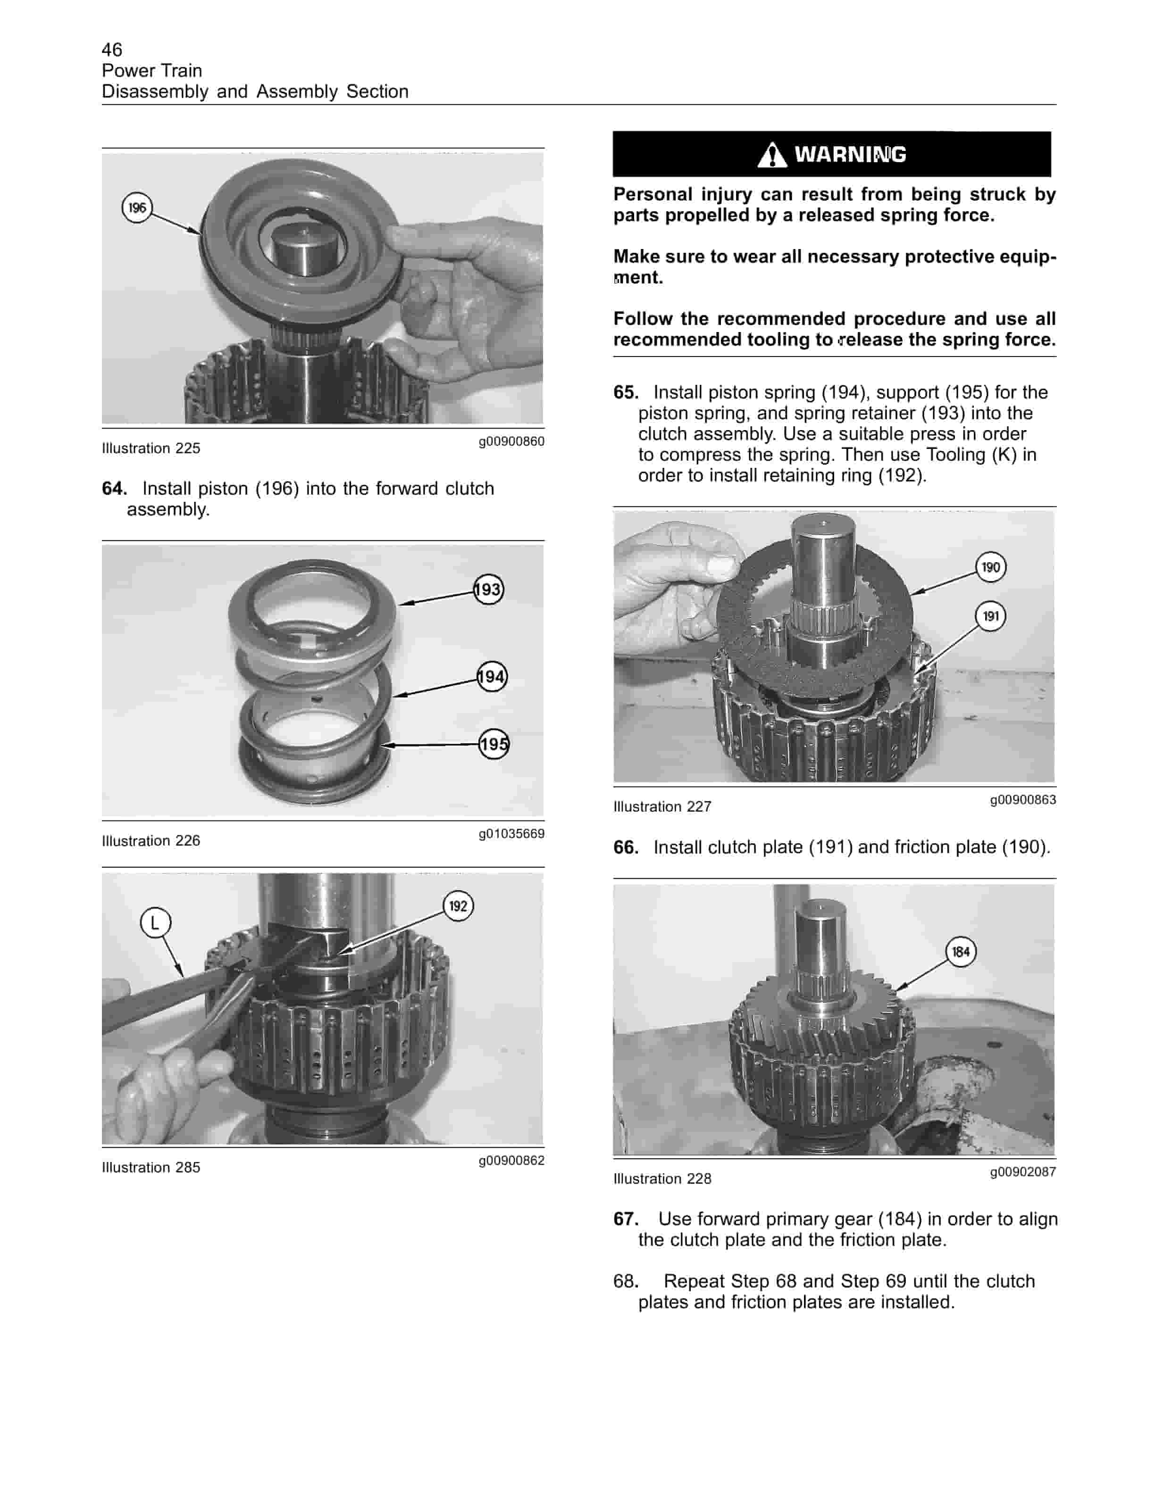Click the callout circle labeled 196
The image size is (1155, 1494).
click(137, 207)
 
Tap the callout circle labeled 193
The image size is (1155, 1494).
click(488, 589)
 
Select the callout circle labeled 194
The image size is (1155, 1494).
click(492, 677)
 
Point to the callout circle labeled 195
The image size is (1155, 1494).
click(494, 744)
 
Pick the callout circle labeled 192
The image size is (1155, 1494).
click(458, 906)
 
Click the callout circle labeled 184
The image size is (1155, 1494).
click(961, 952)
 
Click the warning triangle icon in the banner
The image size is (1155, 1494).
click(772, 155)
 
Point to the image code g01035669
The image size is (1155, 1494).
click(511, 833)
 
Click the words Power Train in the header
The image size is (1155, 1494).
click(152, 70)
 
